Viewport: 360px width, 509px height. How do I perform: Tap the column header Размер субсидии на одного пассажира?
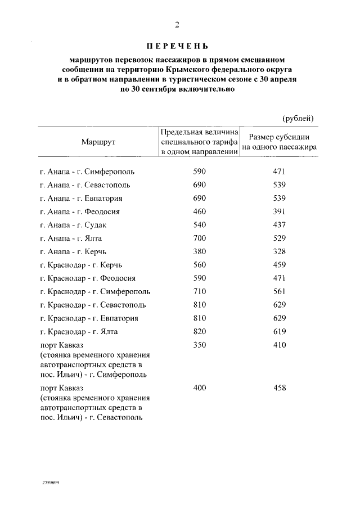280,142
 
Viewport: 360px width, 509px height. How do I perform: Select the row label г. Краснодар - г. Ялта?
79,332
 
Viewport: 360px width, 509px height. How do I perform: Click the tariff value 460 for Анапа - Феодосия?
200,211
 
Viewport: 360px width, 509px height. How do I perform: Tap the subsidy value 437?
280,225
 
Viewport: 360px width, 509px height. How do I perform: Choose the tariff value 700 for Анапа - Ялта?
200,238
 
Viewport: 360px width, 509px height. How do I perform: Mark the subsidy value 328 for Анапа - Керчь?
280,251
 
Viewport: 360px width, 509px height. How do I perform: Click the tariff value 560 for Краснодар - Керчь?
200,265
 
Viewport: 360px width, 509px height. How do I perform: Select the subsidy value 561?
280,292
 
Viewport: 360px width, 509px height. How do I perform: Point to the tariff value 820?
200,332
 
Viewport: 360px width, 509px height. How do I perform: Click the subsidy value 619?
280,332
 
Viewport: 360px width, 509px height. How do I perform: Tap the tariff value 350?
200,345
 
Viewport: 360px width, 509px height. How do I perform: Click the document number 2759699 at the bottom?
51,483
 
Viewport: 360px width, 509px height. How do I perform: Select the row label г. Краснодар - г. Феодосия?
88,278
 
